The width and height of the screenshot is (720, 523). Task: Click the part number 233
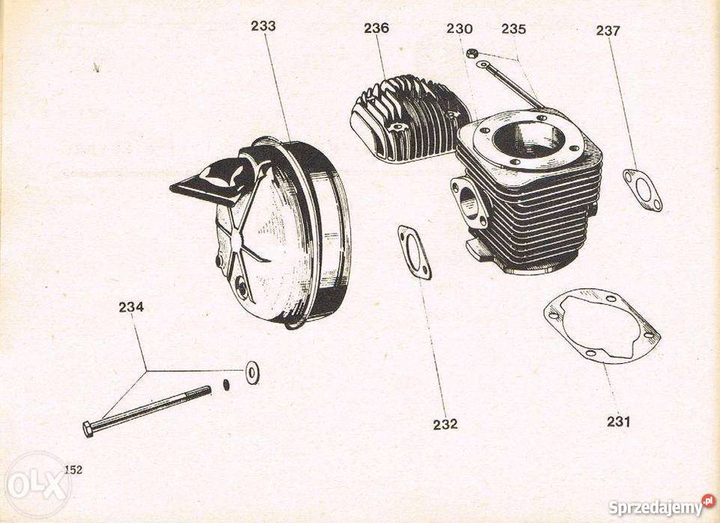pyautogui.click(x=263, y=26)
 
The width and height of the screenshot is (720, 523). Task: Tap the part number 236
pyautogui.click(x=376, y=28)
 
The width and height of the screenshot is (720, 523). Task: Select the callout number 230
pyautogui.click(x=459, y=29)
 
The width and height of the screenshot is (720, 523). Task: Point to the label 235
pyautogui.click(x=514, y=29)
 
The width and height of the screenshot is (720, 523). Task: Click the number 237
pyautogui.click(x=608, y=31)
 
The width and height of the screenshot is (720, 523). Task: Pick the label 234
pyautogui.click(x=131, y=307)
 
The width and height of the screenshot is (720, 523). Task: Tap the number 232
pyautogui.click(x=445, y=424)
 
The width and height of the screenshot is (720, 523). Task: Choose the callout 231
pyautogui.click(x=619, y=421)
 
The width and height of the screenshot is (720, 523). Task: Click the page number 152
pyautogui.click(x=73, y=470)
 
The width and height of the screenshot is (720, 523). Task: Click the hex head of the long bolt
pyautogui.click(x=88, y=428)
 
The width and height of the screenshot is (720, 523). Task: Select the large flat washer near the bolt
pyautogui.click(x=252, y=373)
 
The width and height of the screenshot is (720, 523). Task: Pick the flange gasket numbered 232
pyautogui.click(x=415, y=253)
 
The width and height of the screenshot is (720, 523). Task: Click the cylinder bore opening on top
pyautogui.click(x=529, y=137)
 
